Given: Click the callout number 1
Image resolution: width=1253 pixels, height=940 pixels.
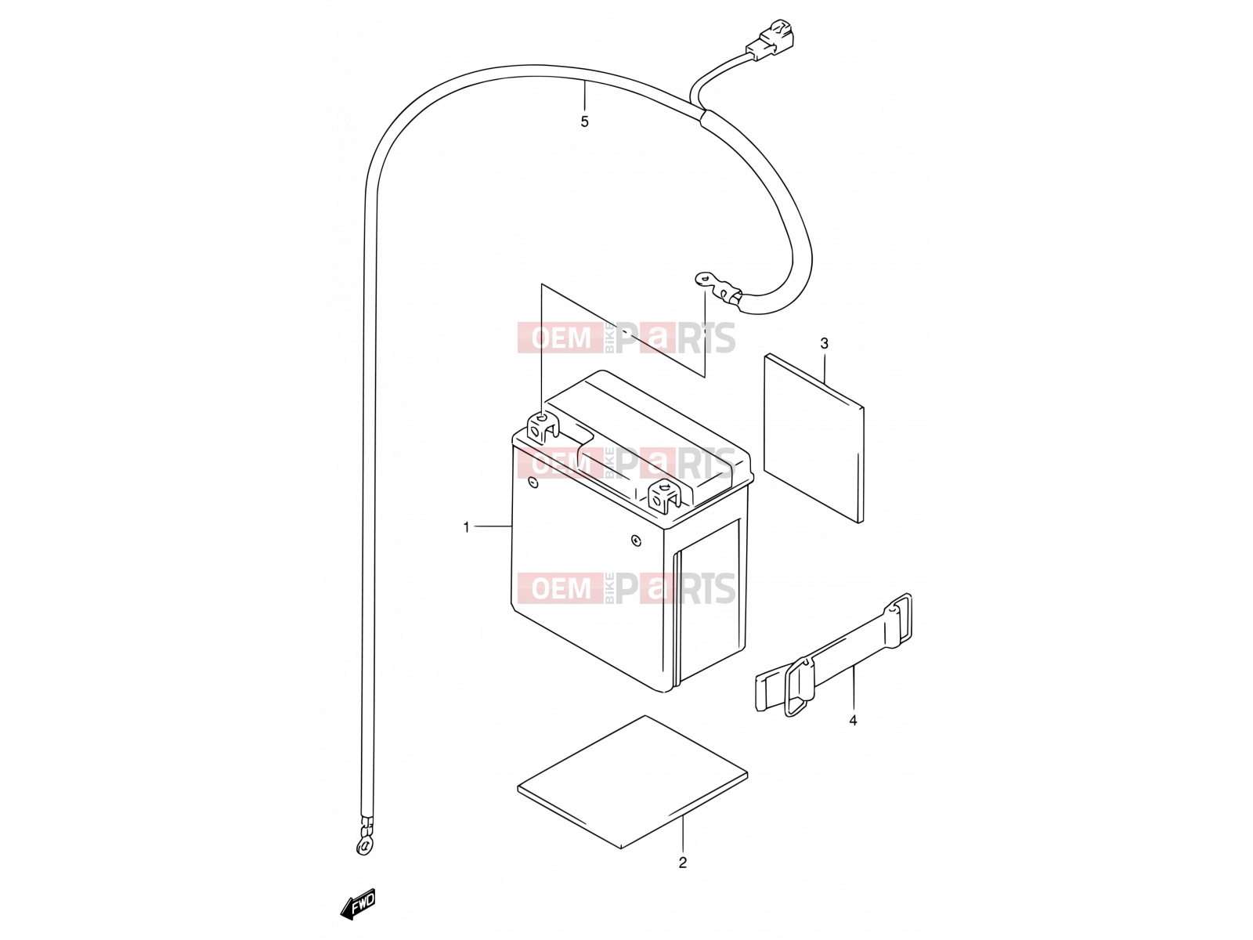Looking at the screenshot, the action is pos(467,527).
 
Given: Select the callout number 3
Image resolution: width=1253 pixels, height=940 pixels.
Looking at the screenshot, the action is pos(825,344).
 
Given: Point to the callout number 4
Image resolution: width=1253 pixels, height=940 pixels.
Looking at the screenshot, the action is pos(853,721).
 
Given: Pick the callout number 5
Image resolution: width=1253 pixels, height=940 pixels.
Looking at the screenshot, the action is pos(584,121).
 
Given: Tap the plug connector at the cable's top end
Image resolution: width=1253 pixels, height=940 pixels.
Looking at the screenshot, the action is pos(770,41).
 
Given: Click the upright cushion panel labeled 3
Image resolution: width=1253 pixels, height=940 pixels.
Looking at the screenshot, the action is pos(814,438).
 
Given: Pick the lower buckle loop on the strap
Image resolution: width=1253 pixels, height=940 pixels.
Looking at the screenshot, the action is pos(797,687).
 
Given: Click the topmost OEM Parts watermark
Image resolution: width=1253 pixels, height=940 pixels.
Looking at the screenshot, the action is pos(626,338).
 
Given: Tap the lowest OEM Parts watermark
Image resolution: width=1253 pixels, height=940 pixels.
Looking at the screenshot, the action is pos(626,587).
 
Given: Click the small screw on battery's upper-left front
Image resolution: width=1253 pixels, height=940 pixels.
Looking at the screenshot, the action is pos(533,483).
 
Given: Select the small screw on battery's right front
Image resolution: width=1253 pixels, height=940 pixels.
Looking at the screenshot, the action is pos(636,540).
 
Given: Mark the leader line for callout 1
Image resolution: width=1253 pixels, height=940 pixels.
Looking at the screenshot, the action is pos(492,526).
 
